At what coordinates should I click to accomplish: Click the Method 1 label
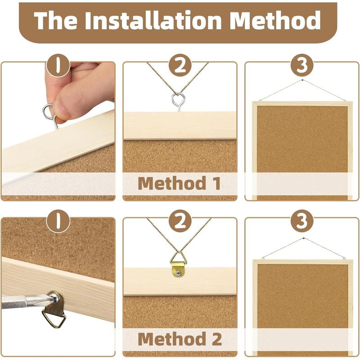[x=179, y=184]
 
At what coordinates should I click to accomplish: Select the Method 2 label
[x=179, y=338]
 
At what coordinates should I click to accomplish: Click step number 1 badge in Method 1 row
[x=58, y=66]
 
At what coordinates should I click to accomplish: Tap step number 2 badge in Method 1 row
[x=180, y=66]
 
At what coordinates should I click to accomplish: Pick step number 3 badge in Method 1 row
[x=301, y=66]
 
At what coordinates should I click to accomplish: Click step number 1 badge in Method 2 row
[x=58, y=221]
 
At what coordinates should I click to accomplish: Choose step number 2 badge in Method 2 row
[x=180, y=221]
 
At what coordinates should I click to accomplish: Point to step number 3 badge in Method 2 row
[x=301, y=221]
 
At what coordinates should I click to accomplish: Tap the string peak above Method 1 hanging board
[x=302, y=80]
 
